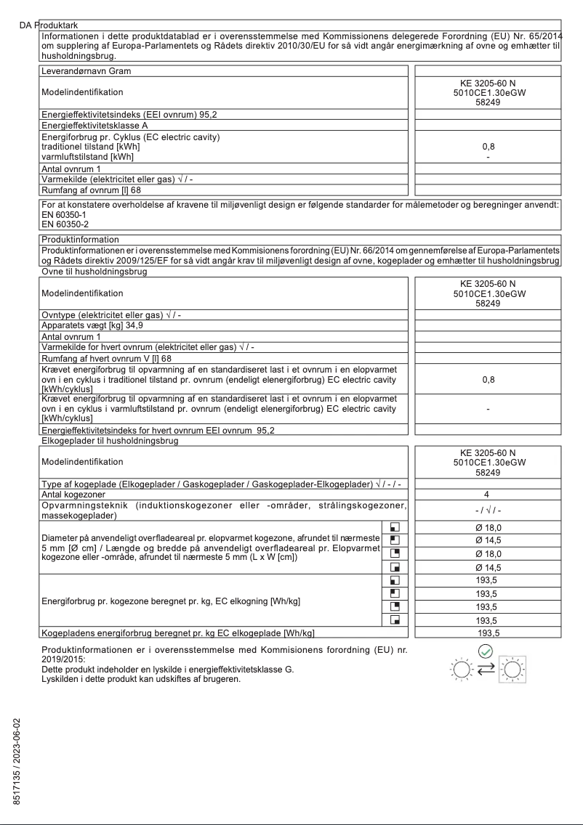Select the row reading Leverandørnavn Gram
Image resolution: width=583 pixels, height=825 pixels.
pyautogui.click(x=87, y=70)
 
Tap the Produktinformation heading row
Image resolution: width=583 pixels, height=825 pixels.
pyautogui.click(x=80, y=238)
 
